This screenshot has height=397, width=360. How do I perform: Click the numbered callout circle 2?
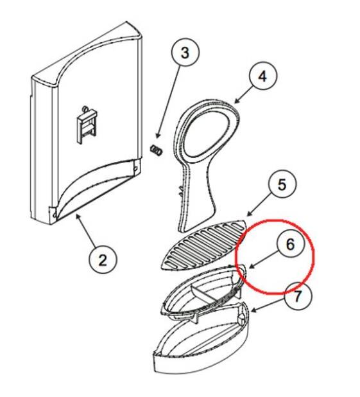103,260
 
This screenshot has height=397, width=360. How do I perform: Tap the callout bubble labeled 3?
185,53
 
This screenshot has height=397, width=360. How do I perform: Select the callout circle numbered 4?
263,76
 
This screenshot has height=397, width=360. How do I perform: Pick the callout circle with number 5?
282,184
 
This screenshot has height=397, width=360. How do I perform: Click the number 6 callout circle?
291,243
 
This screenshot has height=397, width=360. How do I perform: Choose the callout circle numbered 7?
298,296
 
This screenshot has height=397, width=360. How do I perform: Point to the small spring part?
157,150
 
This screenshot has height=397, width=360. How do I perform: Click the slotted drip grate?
204,244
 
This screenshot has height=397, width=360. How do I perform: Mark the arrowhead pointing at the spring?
158,136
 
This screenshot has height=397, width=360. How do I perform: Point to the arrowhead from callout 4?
237,101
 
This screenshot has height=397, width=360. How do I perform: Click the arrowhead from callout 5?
249,214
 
